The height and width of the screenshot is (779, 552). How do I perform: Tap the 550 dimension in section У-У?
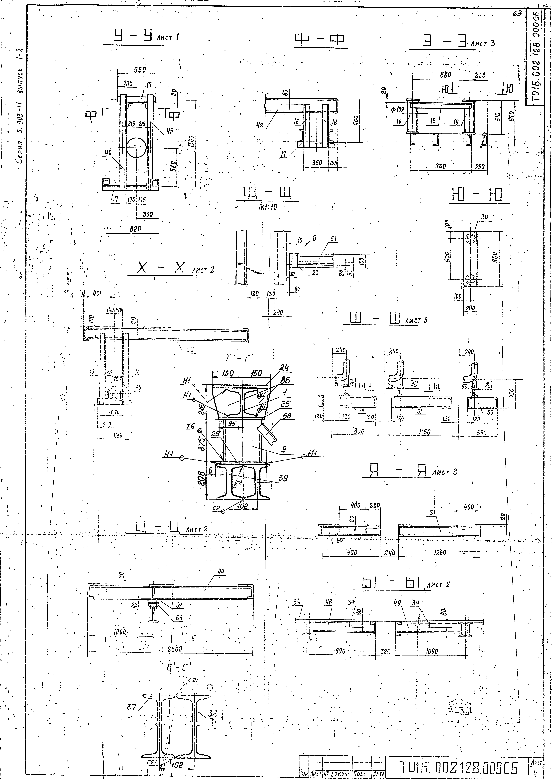coord(139,70)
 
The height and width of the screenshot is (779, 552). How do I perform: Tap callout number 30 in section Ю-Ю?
coord(485,217)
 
